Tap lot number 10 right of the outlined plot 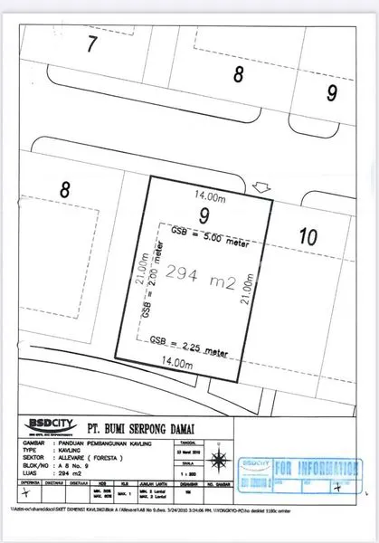click(x=308, y=237)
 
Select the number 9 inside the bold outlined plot click(x=204, y=215)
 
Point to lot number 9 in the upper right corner click(x=332, y=92)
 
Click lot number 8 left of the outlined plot click(x=64, y=190)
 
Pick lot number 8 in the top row click(x=239, y=75)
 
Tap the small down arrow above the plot click(x=263, y=188)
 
